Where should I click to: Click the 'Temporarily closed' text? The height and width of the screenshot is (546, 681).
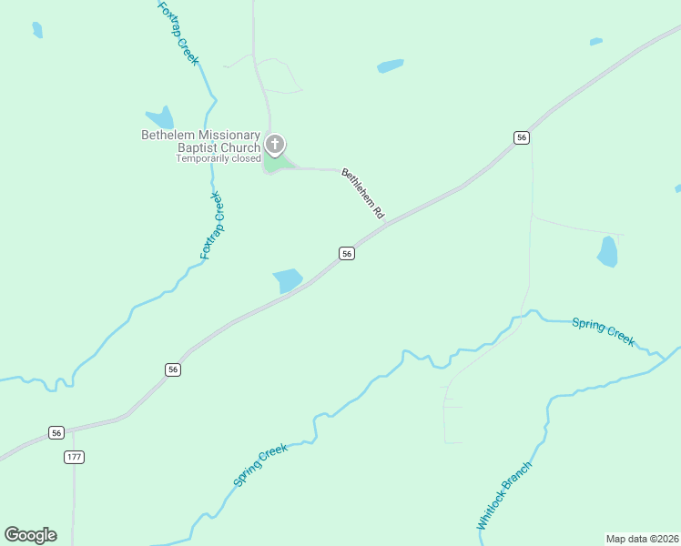(219, 158)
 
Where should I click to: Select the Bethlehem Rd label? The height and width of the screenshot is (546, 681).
(362, 192)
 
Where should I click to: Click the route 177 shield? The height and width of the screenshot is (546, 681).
(75, 457)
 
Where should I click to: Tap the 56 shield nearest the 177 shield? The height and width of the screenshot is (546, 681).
(56, 432)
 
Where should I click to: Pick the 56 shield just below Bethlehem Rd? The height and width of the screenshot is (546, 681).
(346, 254)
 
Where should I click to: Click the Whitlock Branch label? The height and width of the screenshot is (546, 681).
(503, 496)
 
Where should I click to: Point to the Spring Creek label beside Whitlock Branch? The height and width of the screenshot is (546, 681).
(260, 464)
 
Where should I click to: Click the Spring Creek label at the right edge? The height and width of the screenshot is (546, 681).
(603, 330)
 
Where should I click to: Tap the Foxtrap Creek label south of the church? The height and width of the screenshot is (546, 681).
(211, 226)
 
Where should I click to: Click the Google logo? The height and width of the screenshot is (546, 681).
(30, 535)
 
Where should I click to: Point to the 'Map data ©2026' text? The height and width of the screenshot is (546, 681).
(642, 538)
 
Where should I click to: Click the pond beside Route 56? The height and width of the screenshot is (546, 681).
(288, 280)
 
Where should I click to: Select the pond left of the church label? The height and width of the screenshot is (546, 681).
(161, 117)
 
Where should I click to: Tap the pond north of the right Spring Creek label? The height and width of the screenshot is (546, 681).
(607, 251)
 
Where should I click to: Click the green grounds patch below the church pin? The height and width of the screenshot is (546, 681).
(277, 164)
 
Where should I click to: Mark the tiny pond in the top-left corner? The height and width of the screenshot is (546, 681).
(37, 29)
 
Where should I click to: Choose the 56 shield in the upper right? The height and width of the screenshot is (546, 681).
(521, 137)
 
